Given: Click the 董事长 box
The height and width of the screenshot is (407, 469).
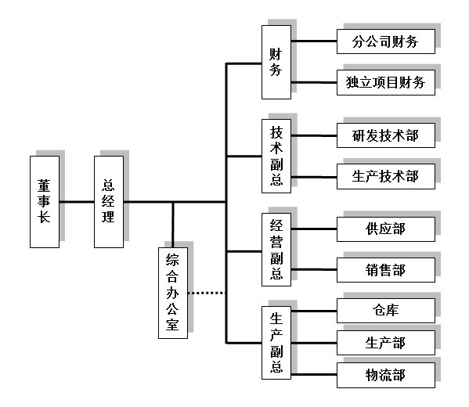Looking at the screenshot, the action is (45, 202).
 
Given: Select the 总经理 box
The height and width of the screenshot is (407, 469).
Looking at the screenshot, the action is (109, 202).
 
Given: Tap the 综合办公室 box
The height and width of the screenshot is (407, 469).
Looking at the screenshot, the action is (173, 293).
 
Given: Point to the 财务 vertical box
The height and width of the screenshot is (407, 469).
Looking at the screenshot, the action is (276, 62).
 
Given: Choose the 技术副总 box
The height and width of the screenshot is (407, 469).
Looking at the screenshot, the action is (276, 156).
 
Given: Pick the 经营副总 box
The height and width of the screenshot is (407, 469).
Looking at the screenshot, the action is (276, 250).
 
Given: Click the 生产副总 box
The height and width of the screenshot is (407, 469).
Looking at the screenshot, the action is (276, 343).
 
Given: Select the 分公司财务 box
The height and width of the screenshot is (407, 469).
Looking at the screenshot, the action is (386, 41).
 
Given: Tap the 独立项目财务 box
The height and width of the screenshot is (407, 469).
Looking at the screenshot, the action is (386, 82).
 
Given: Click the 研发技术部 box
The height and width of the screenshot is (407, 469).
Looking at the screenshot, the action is (386, 135).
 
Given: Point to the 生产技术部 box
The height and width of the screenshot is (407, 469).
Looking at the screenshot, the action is (386, 176).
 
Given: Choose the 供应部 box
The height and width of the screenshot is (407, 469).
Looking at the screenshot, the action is (386, 229).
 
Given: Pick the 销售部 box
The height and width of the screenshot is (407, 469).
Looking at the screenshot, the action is (386, 270).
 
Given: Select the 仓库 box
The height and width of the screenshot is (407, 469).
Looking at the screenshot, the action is (386, 311).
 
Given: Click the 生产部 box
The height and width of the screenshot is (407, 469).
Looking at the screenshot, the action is (386, 343).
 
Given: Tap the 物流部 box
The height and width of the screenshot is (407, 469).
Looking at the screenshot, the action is (386, 376).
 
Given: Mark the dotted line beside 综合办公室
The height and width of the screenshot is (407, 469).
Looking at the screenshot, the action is (207, 293).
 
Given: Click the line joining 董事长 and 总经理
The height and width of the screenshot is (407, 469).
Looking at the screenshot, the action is (77, 202).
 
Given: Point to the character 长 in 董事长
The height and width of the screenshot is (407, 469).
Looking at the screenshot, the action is (44, 217).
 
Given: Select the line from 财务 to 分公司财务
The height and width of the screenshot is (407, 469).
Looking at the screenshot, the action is (314, 41).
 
